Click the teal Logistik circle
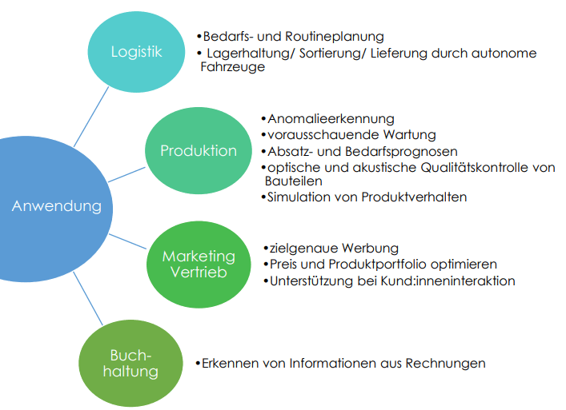(x=137, y=53)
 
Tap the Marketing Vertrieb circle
(x=199, y=264)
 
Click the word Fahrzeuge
(x=232, y=68)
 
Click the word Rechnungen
(x=447, y=363)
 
